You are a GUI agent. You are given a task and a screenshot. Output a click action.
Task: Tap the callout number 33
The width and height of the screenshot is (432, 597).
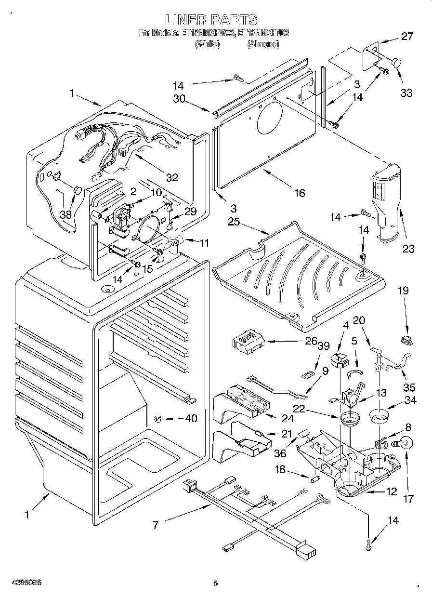(x=406, y=93)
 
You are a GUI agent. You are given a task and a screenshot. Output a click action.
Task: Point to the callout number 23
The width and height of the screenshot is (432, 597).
(x=408, y=249)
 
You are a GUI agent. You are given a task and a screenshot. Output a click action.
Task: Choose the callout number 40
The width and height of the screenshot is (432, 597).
(x=191, y=419)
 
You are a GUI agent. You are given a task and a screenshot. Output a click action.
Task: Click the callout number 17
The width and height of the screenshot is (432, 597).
(x=408, y=499)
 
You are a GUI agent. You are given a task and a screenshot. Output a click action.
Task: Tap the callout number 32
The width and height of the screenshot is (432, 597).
(x=171, y=177)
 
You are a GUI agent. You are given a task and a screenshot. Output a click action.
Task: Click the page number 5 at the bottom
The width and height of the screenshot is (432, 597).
(x=215, y=584)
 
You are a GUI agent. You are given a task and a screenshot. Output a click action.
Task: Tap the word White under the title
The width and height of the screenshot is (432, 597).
(x=207, y=44)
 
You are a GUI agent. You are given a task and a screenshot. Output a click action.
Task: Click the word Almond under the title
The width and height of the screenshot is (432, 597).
(x=263, y=44)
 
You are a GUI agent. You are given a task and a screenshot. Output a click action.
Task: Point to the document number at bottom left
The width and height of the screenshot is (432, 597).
(x=27, y=583)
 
